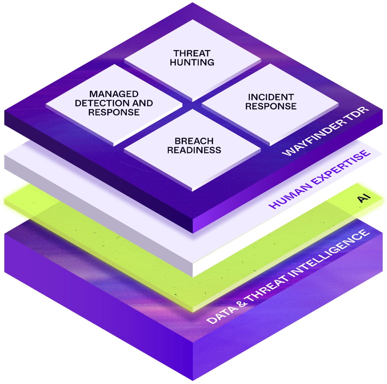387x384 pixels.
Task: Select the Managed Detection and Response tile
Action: (114, 104)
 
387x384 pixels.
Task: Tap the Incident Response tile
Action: (271, 102)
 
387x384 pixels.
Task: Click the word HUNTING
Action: (192, 62)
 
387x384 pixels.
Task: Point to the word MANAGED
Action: (114, 94)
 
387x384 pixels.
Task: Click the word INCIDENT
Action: (271, 97)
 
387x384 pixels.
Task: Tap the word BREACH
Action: (194, 141)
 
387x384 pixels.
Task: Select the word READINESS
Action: (194, 150)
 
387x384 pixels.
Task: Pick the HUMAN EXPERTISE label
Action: (319, 179)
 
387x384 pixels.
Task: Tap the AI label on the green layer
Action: (364, 198)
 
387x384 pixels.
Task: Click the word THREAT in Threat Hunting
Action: (192, 53)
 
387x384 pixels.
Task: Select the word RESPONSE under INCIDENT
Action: (271, 106)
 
